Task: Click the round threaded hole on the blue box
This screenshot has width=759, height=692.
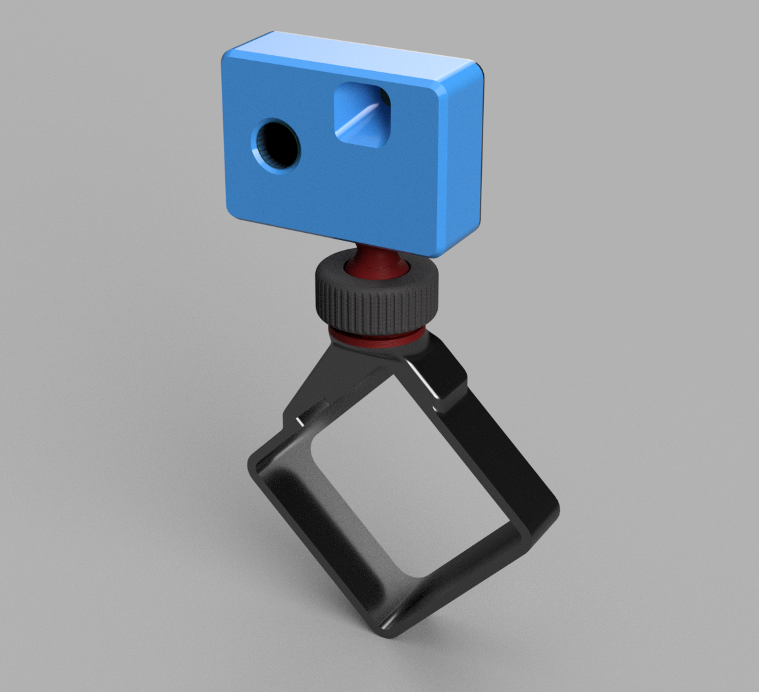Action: click(275, 146)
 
